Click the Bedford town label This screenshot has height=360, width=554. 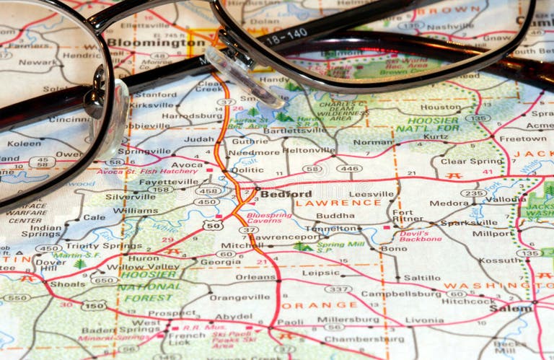tap(286, 194)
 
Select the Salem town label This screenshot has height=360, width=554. tap(511, 308)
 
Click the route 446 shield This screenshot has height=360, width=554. tap(349, 168)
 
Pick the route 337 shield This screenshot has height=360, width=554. tap(338, 289)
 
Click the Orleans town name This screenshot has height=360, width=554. tap(255, 277)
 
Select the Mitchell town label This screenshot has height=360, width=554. tap(237, 245)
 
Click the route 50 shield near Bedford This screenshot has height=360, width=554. tap(212, 226)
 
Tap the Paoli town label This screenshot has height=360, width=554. tap(290, 322)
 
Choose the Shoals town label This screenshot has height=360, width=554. tap(67, 284)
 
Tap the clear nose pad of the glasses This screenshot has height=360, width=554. tap(241, 75)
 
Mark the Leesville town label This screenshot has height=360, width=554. tap(371, 194)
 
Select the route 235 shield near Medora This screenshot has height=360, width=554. tap(473, 193)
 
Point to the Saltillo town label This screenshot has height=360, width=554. tap(421, 278)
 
